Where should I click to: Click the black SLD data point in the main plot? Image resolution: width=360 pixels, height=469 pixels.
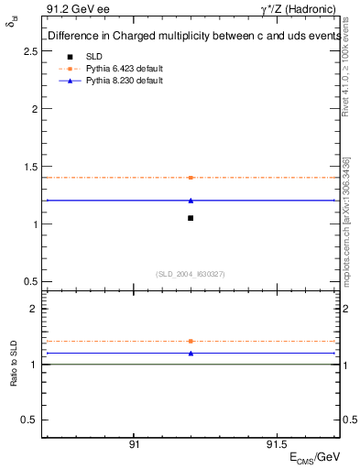click(191, 218)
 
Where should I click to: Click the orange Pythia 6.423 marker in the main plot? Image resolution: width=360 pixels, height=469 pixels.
click(191, 177)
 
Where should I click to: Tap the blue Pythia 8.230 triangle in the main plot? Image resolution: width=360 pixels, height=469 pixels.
click(191, 200)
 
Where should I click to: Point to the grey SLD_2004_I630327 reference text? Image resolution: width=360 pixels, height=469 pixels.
click(191, 274)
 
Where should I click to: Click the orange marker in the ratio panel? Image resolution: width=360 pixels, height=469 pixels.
click(191, 341)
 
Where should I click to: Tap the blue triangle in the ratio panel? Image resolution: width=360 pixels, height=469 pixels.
click(191, 353)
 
